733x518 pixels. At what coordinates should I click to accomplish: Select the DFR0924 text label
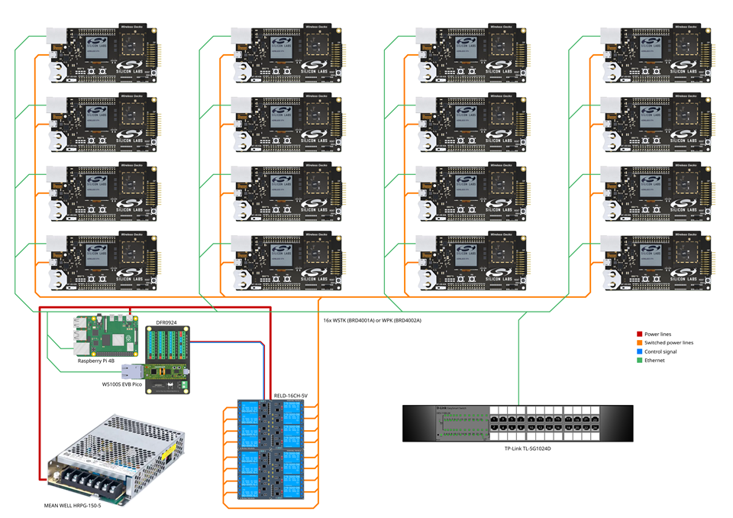167,323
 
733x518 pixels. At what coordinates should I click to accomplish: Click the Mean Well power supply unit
115,455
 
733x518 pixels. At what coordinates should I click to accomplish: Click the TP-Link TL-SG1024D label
528,448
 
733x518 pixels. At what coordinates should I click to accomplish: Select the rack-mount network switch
518,423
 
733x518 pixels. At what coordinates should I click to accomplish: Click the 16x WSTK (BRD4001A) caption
372,320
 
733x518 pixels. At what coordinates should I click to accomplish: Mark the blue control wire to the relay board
229,345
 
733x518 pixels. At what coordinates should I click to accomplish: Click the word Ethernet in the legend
656,360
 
